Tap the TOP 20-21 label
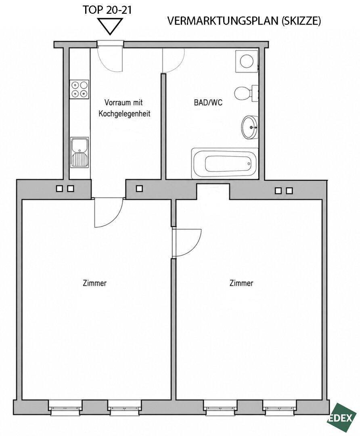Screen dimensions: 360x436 107,10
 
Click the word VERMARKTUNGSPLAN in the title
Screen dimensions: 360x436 223,21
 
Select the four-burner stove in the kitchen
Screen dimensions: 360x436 80,89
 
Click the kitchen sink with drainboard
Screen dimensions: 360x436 80,152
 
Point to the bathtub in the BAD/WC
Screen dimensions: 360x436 225,163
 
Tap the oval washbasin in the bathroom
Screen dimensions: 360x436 250,127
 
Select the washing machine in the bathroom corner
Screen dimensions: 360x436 247,61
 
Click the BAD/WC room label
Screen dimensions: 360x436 208,103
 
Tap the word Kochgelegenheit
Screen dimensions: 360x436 125,113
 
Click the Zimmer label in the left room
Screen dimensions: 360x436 95,283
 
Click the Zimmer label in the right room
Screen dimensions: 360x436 241,283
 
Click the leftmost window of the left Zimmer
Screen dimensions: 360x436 65,408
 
